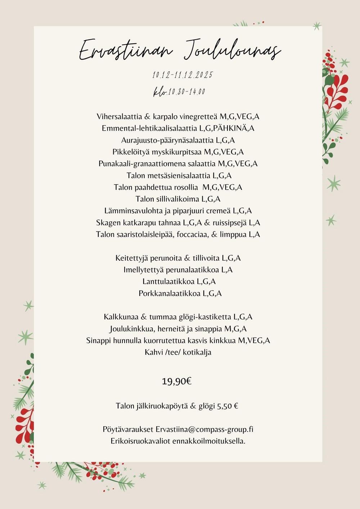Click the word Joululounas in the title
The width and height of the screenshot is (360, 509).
pos(232,50)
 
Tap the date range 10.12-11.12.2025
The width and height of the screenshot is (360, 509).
pos(183,75)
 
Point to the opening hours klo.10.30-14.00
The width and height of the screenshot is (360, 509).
pos(179,92)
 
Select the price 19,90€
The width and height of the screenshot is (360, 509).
pos(176,381)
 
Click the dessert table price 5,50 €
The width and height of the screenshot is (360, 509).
pos(228,406)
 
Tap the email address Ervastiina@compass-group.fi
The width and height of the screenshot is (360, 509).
pos(204,429)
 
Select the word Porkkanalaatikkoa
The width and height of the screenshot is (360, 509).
pos(169,293)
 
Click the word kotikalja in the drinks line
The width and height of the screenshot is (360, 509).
pos(197,352)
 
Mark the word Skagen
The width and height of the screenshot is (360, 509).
pos(108,223)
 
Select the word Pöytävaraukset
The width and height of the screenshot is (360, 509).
pos(128,429)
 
